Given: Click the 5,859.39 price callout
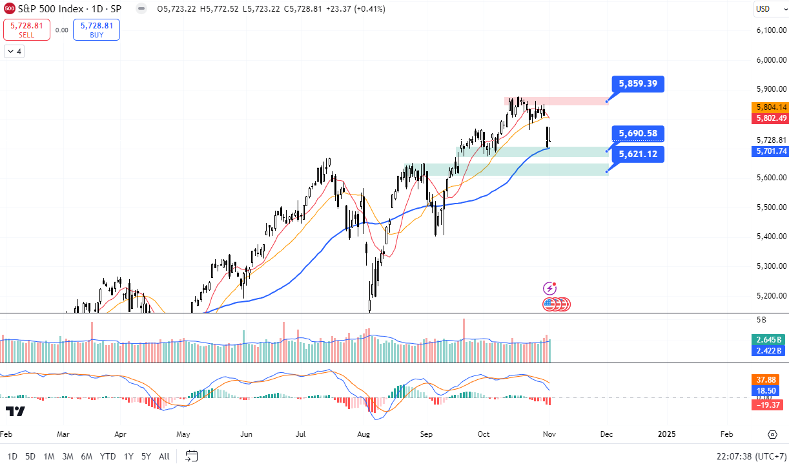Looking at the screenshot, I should point(638,83).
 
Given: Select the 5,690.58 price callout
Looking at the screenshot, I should point(638,134).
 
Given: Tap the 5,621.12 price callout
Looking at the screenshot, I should point(638,154).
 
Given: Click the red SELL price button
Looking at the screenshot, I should point(26,30).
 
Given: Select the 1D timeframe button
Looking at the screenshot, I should point(12,456).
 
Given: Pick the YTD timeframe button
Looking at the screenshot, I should point(107,456).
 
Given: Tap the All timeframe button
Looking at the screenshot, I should point(164,456).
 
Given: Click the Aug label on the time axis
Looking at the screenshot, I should point(364,434).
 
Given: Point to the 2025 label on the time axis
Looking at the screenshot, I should point(666,434).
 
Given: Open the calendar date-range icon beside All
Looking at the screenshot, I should point(191,456).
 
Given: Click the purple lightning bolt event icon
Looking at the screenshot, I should point(550,289).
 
